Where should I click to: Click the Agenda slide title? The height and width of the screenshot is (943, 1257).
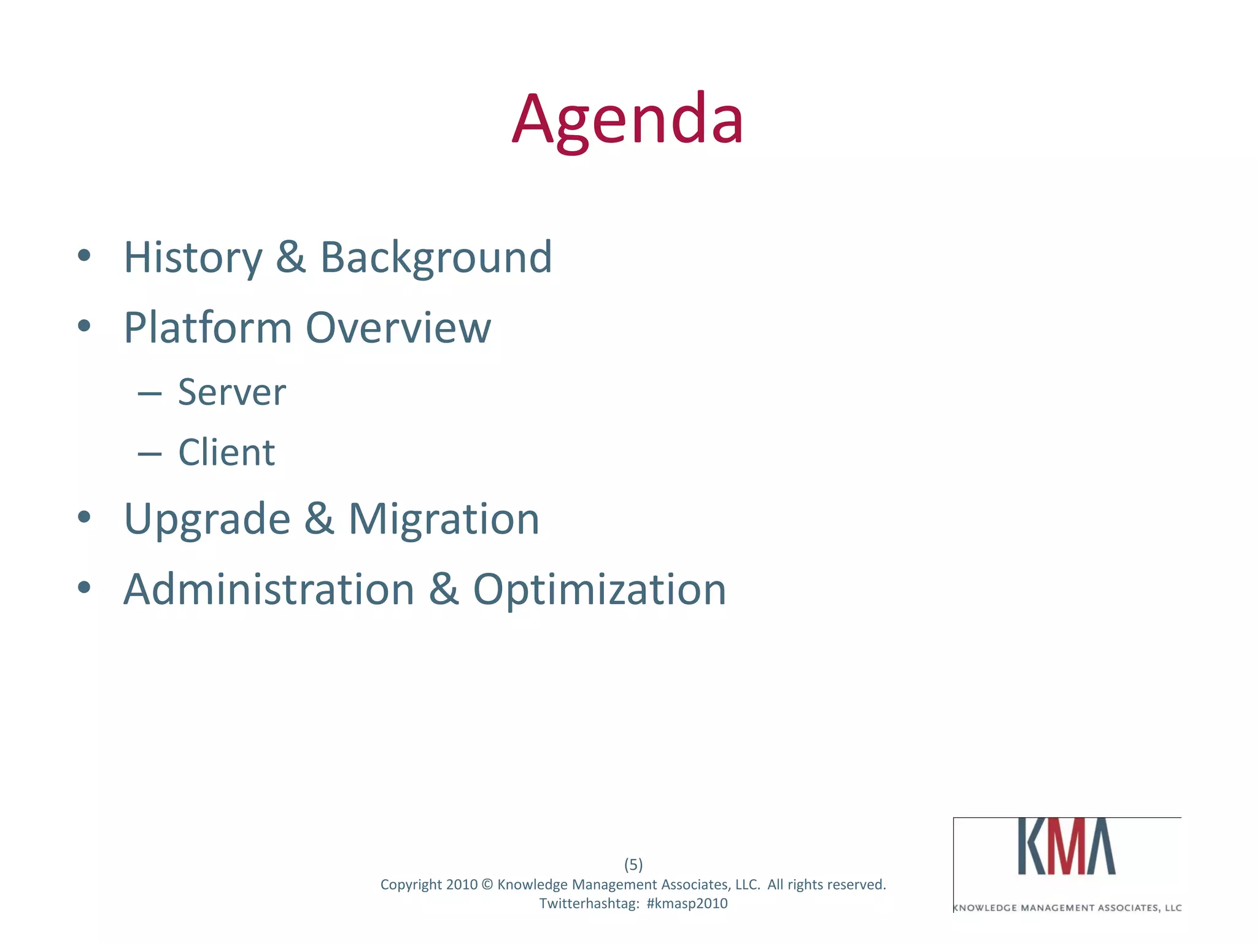[628, 120]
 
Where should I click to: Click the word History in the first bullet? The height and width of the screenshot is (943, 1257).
[193, 257]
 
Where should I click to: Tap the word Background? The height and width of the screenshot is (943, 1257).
[436, 257]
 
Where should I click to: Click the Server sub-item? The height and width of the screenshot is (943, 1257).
[232, 392]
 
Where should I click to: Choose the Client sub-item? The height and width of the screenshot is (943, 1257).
[226, 452]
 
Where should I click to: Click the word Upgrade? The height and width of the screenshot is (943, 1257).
[207, 519]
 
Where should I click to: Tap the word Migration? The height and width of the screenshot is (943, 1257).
[444, 519]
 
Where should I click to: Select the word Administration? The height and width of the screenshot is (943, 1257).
[269, 589]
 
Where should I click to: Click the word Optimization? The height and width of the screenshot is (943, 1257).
[600, 589]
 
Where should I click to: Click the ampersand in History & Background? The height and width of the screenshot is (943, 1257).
[290, 257]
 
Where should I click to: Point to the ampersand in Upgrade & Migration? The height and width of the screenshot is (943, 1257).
[319, 519]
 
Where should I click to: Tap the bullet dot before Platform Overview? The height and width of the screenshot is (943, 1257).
[84, 325]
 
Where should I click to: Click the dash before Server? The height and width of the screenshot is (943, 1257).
[150, 394]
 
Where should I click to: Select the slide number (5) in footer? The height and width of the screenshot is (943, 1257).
[633, 864]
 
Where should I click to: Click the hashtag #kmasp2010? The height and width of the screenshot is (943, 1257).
[687, 904]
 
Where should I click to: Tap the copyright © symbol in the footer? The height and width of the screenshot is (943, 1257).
[487, 885]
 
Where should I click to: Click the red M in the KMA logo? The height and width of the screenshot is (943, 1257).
[1066, 847]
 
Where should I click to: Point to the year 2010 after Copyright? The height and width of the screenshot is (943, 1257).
[462, 885]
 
